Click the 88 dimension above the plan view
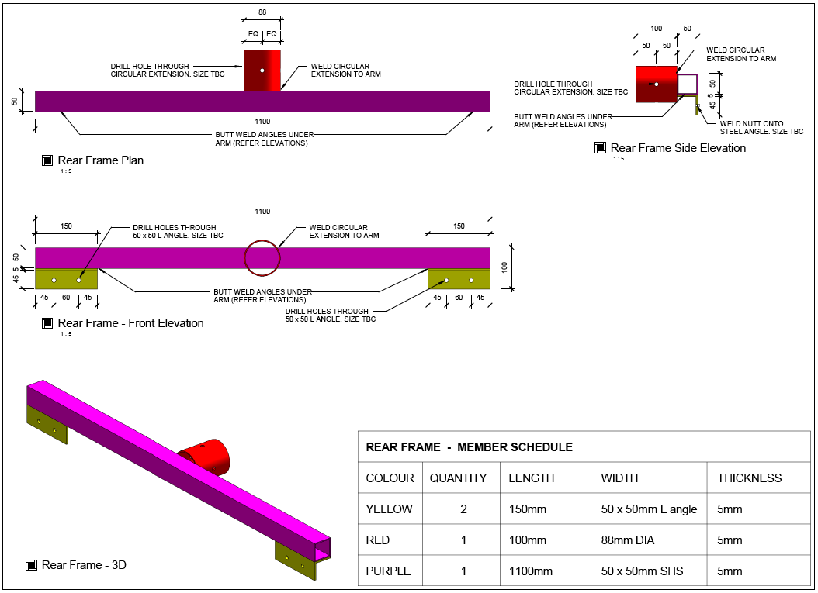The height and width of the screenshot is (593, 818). click(x=262, y=12)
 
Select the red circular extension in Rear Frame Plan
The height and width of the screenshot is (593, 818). click(x=262, y=71)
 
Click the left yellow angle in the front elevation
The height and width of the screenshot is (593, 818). click(x=66, y=279)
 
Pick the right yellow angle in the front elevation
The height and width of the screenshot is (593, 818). click(x=459, y=279)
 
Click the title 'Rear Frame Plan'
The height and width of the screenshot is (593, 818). click(x=101, y=160)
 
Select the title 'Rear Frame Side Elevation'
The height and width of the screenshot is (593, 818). click(x=678, y=148)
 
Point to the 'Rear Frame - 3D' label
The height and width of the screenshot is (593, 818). click(x=84, y=565)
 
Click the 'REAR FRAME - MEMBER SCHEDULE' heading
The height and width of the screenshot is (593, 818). click(x=469, y=447)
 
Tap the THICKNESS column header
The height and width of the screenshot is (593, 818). click(x=749, y=478)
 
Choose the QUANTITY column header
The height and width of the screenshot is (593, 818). click(x=458, y=478)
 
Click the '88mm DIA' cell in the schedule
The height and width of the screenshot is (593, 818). click(x=628, y=540)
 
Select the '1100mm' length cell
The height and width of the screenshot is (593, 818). click(x=531, y=571)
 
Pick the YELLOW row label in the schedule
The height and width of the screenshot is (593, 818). click(x=389, y=509)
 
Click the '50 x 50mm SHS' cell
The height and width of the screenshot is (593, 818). click(x=642, y=571)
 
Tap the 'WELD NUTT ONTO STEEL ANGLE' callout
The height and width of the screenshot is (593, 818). click(x=761, y=128)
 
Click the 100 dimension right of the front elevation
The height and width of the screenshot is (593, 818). click(x=504, y=267)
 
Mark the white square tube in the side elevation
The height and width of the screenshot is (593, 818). click(x=688, y=84)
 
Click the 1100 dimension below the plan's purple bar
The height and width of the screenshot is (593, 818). click(x=262, y=122)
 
